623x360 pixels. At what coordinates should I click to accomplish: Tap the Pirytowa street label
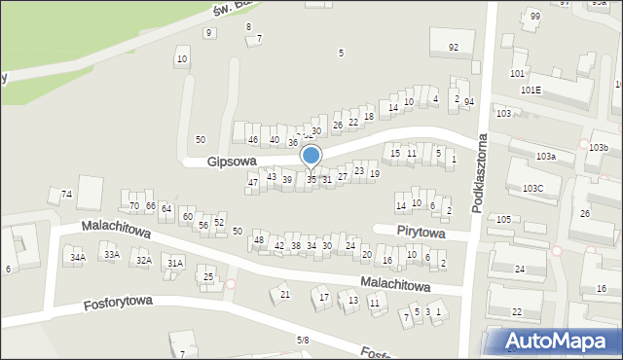(421, 234)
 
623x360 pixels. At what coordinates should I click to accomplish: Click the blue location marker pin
(311, 157)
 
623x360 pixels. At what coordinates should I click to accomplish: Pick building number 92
(454, 47)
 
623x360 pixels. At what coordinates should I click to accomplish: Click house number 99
(535, 16)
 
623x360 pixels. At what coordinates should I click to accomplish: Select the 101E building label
(531, 90)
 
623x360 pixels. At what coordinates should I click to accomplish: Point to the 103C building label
(533, 188)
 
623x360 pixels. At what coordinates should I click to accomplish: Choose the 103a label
(546, 156)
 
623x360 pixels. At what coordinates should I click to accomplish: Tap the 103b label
(599, 147)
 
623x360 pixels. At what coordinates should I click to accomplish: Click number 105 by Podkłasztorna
(503, 220)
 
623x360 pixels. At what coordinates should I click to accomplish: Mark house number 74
(66, 195)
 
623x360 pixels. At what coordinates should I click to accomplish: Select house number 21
(285, 294)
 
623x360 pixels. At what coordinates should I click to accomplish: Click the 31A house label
(175, 263)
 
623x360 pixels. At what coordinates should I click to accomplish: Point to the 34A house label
(78, 257)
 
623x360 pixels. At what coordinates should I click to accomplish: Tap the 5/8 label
(303, 340)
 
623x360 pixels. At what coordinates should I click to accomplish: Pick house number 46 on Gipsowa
(253, 140)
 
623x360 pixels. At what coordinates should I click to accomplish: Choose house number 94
(469, 101)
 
